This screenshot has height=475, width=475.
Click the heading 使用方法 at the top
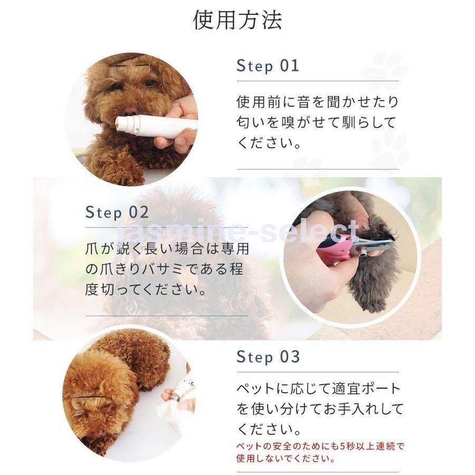(x=237, y=20)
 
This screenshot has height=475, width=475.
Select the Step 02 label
(x=117, y=213)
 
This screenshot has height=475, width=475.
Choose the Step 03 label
(x=268, y=357)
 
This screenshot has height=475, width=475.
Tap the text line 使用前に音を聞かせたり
(x=317, y=101)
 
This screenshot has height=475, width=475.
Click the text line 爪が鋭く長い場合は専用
(x=167, y=248)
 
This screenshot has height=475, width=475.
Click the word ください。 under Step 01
(x=269, y=144)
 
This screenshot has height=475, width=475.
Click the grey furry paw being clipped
(x=375, y=280)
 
